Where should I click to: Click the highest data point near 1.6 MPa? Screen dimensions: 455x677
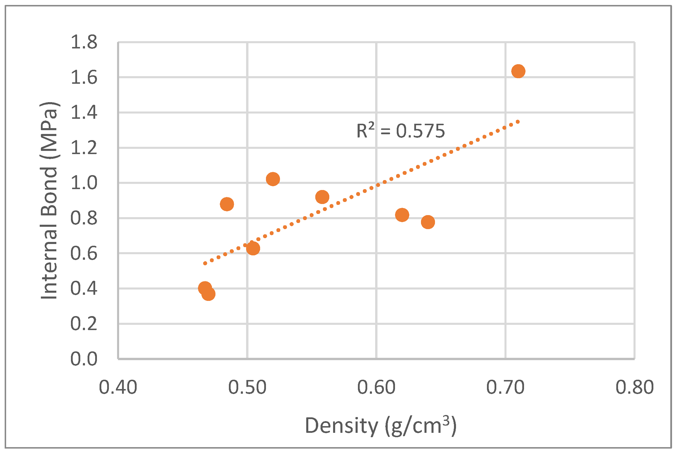point(518,71)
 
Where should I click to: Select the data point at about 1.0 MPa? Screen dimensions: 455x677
point(273,179)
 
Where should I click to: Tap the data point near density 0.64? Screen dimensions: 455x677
point(428,222)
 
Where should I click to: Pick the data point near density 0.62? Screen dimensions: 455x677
point(402,215)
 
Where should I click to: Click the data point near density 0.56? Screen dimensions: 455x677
point(322,197)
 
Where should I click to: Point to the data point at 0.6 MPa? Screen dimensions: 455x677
point(253,248)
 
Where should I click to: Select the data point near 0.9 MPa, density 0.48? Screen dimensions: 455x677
point(227,204)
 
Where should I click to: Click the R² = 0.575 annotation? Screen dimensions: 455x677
point(401,131)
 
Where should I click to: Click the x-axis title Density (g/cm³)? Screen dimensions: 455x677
point(380,426)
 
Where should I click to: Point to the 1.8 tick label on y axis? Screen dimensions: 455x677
point(84,42)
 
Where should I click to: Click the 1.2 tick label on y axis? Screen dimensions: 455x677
point(84,148)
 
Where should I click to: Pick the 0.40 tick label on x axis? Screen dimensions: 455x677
point(118,388)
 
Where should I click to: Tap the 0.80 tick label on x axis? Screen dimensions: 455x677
point(634,388)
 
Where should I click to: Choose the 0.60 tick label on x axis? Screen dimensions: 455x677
point(376,388)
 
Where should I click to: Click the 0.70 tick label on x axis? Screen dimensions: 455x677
point(505,388)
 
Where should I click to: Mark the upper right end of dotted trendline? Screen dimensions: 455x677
point(518,122)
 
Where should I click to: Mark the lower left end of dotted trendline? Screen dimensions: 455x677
point(205,264)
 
